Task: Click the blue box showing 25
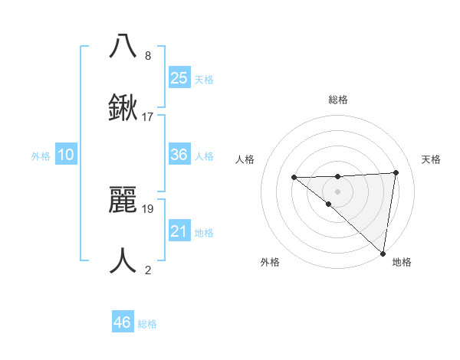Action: pyautogui.click(x=179, y=77)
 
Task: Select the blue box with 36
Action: pyautogui.click(x=179, y=155)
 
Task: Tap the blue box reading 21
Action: pyautogui.click(x=179, y=231)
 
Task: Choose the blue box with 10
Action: pyautogui.click(x=66, y=155)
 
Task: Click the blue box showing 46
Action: pyautogui.click(x=122, y=322)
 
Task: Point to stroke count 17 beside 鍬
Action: pyautogui.click(x=148, y=117)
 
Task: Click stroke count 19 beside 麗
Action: pyautogui.click(x=148, y=208)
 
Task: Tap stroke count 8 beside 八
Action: pyautogui.click(x=148, y=55)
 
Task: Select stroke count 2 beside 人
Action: pyautogui.click(x=148, y=270)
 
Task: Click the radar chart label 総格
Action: pyautogui.click(x=338, y=100)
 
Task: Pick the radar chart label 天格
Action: pyautogui.click(x=432, y=159)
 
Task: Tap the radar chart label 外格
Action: pyautogui.click(x=270, y=262)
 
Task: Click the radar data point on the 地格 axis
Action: pyautogui.click(x=383, y=253)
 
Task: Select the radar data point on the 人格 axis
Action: pyautogui.click(x=294, y=178)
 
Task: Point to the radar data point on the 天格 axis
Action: pyautogui.click(x=396, y=172)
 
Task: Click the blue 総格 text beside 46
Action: pyautogui.click(x=147, y=324)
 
